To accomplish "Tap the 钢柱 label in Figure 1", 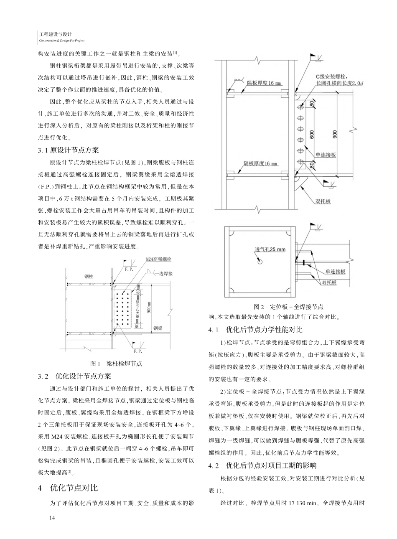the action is click(x=89, y=276).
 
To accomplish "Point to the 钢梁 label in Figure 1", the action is click(x=158, y=328).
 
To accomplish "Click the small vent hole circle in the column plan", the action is click(x=260, y=262).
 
